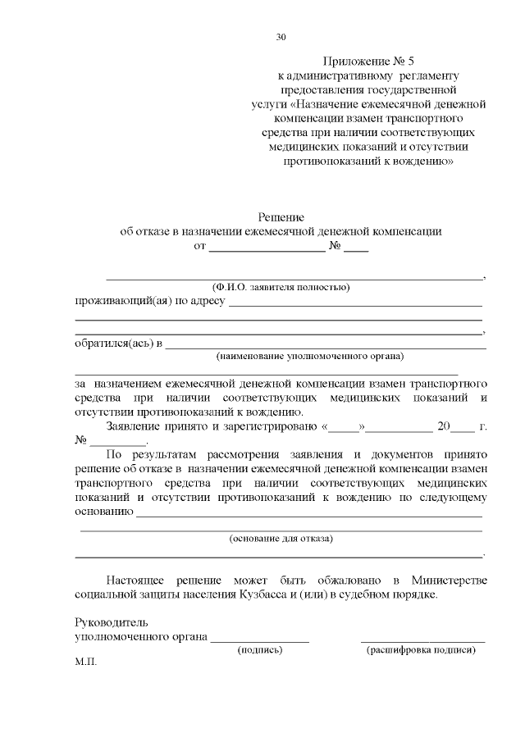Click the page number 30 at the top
click(x=281, y=37)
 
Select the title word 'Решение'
click(x=281, y=217)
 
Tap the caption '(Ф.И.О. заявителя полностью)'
click(x=281, y=287)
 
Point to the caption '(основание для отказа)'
click(x=281, y=539)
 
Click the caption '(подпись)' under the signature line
click(x=260, y=650)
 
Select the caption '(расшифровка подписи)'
click(x=421, y=650)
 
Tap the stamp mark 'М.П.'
click(x=85, y=662)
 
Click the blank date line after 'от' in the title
click(x=267, y=248)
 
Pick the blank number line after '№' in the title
click(x=356, y=248)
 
